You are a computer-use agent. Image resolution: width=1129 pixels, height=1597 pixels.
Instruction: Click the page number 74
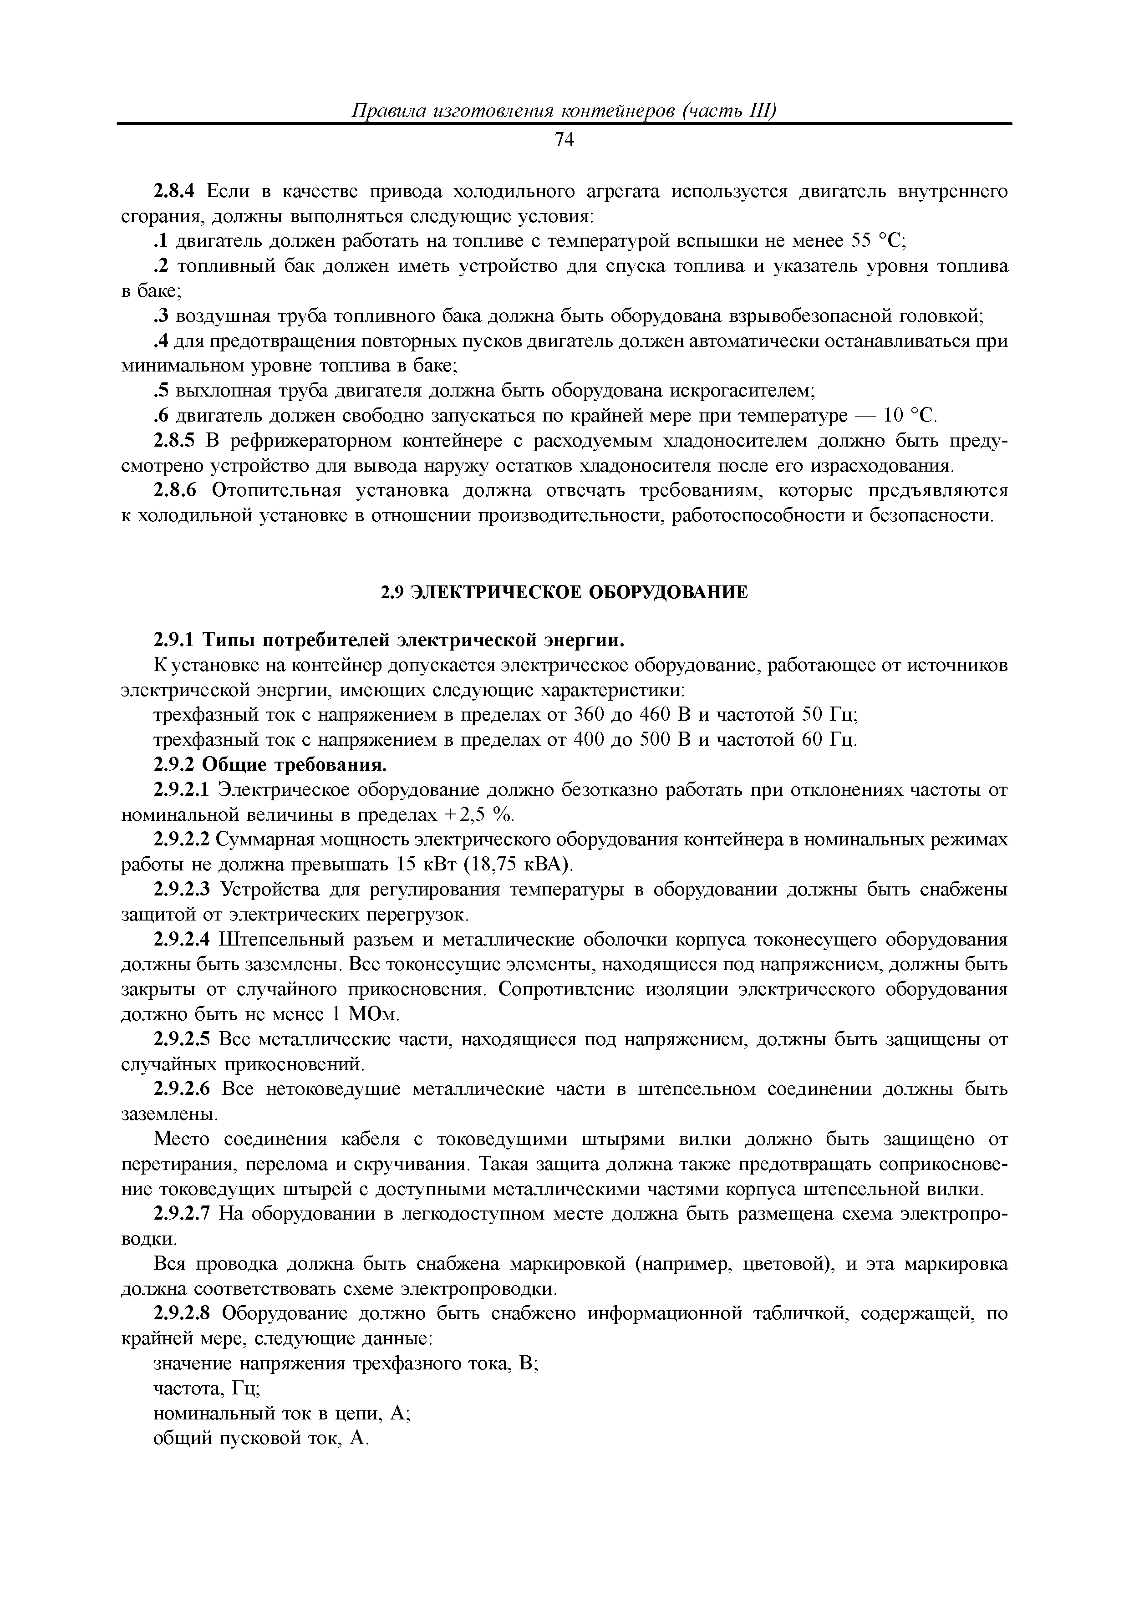564,141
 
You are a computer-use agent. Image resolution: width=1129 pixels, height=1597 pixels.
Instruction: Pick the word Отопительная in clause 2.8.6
277,491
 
